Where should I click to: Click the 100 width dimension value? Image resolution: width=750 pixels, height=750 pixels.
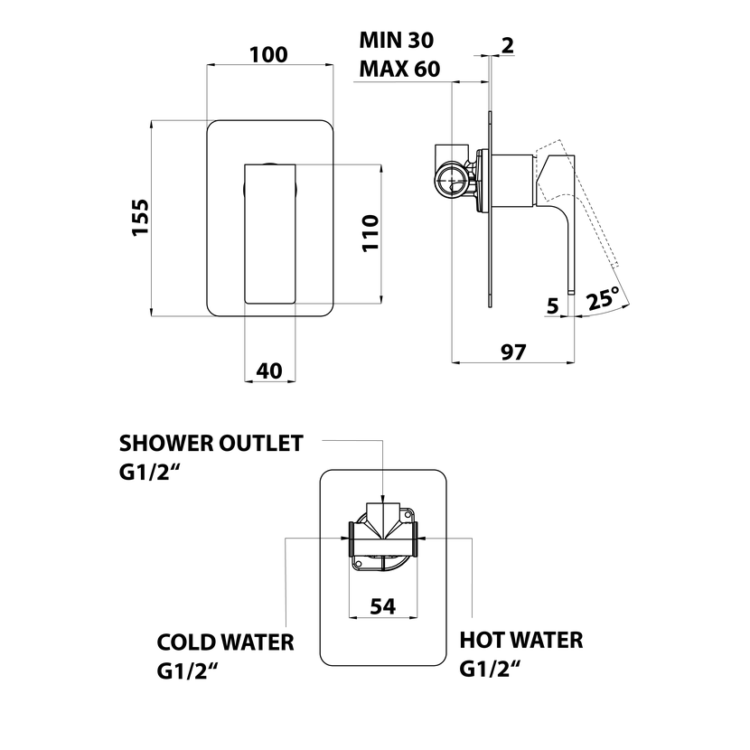(268, 55)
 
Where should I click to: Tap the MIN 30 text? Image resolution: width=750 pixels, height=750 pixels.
(397, 40)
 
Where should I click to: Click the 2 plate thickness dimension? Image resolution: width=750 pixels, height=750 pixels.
(508, 44)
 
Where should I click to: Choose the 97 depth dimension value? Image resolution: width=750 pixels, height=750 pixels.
(512, 352)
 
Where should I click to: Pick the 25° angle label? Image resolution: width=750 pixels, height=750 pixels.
(603, 299)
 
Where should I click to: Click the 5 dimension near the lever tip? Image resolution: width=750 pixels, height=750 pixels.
(552, 306)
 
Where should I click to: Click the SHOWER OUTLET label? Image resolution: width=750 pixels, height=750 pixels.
(211, 443)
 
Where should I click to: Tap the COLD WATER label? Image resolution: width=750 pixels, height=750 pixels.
(225, 642)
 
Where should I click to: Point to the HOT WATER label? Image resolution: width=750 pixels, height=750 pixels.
(521, 641)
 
